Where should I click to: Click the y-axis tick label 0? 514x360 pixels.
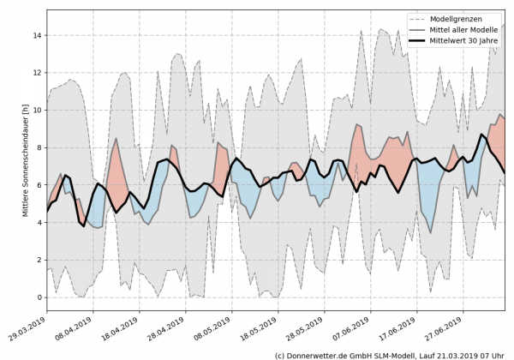39,297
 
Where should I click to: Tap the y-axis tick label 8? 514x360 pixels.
39,147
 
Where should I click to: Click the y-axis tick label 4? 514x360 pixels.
39,222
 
